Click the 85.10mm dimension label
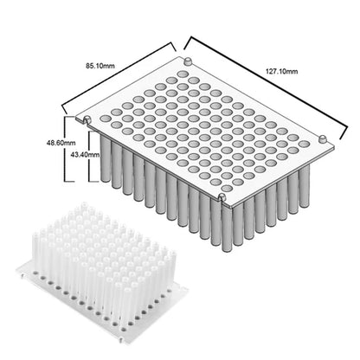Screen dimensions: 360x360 (100, 66)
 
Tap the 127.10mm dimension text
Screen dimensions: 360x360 (281, 71)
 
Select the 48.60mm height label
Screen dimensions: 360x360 (61, 143)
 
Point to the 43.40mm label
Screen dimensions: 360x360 (86, 155)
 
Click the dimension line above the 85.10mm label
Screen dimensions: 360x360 (119, 77)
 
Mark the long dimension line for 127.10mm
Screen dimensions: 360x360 (266, 87)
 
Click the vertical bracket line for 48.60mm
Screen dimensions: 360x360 (65, 149)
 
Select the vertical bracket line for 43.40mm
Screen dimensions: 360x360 (90, 157)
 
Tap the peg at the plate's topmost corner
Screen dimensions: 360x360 (188, 61)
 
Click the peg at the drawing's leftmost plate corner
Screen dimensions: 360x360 (87, 119)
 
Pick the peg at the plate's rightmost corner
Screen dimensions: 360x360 (323, 138)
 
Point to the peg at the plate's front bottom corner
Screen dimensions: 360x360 (222, 197)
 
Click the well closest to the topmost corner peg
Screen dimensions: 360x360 (182, 74)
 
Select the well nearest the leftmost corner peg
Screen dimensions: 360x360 (105, 119)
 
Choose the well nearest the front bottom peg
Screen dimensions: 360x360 (227, 189)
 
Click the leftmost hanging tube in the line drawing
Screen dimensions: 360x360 (106, 158)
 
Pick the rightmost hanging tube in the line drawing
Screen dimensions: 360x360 (305, 186)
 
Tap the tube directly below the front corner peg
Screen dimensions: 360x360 (227, 228)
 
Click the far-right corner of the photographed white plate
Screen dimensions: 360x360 (188, 290)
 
